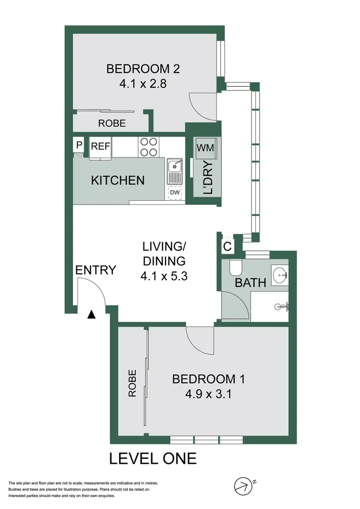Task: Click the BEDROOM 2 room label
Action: [x=143, y=69]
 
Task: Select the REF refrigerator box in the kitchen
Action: [x=101, y=147]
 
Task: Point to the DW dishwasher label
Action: [x=175, y=193]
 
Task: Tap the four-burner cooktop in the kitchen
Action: [x=148, y=147]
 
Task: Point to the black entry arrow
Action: [x=92, y=315]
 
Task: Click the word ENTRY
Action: [x=96, y=270]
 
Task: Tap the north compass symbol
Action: [x=243, y=486]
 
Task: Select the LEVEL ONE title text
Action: [x=153, y=459]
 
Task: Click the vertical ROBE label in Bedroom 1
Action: [x=132, y=383]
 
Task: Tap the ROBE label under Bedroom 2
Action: [x=112, y=123]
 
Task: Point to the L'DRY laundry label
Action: [x=208, y=179]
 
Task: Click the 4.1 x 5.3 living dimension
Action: [x=164, y=276]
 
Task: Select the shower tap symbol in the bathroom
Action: [x=283, y=305]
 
